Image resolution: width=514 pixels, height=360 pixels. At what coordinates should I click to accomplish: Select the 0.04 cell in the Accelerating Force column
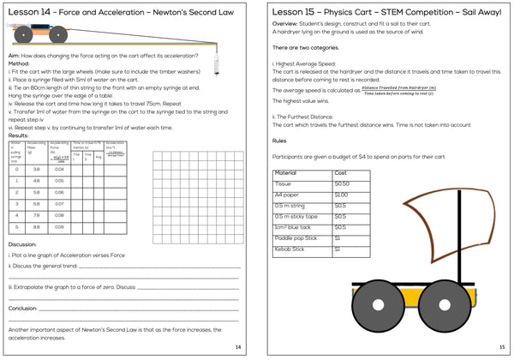[59, 169]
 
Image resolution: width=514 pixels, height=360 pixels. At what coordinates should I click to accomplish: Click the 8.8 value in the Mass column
[37, 226]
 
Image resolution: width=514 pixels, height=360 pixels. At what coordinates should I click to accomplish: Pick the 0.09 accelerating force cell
[59, 226]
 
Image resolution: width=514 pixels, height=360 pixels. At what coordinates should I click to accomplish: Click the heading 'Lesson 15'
[295, 12]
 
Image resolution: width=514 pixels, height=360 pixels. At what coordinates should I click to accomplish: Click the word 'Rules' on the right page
[280, 141]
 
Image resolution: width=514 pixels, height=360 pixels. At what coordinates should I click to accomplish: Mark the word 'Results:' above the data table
[20, 135]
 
